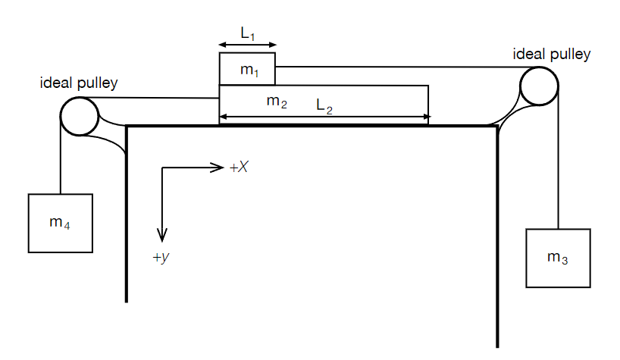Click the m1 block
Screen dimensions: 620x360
coord(248,69)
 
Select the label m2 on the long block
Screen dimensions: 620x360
coord(277,102)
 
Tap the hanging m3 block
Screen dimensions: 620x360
coord(557,258)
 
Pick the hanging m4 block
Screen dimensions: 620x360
coord(61,223)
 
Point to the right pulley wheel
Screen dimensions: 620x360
coord(539,85)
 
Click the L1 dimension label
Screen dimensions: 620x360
coord(247,33)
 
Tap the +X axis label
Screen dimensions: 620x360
coord(239,167)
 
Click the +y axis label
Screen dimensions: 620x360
coord(160,258)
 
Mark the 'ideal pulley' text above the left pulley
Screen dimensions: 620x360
coord(79,83)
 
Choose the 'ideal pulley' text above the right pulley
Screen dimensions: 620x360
coord(551,54)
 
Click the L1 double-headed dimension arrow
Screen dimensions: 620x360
coord(247,45)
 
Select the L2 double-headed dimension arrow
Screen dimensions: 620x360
coord(324,117)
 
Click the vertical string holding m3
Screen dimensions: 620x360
coord(558,159)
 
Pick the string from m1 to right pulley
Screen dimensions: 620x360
coord(394,67)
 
